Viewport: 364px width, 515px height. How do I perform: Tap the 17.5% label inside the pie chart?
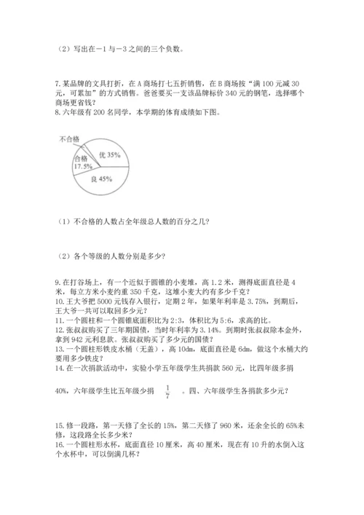pyautogui.click(x=82, y=166)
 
